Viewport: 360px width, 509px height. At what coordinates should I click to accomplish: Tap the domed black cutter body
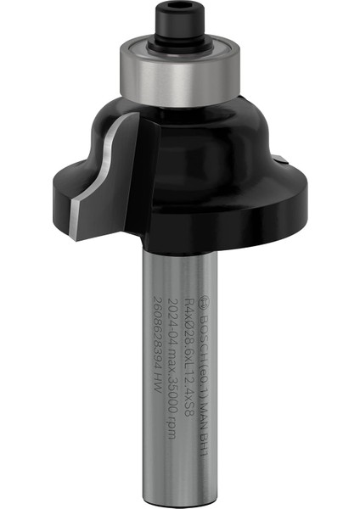point(204,136)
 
